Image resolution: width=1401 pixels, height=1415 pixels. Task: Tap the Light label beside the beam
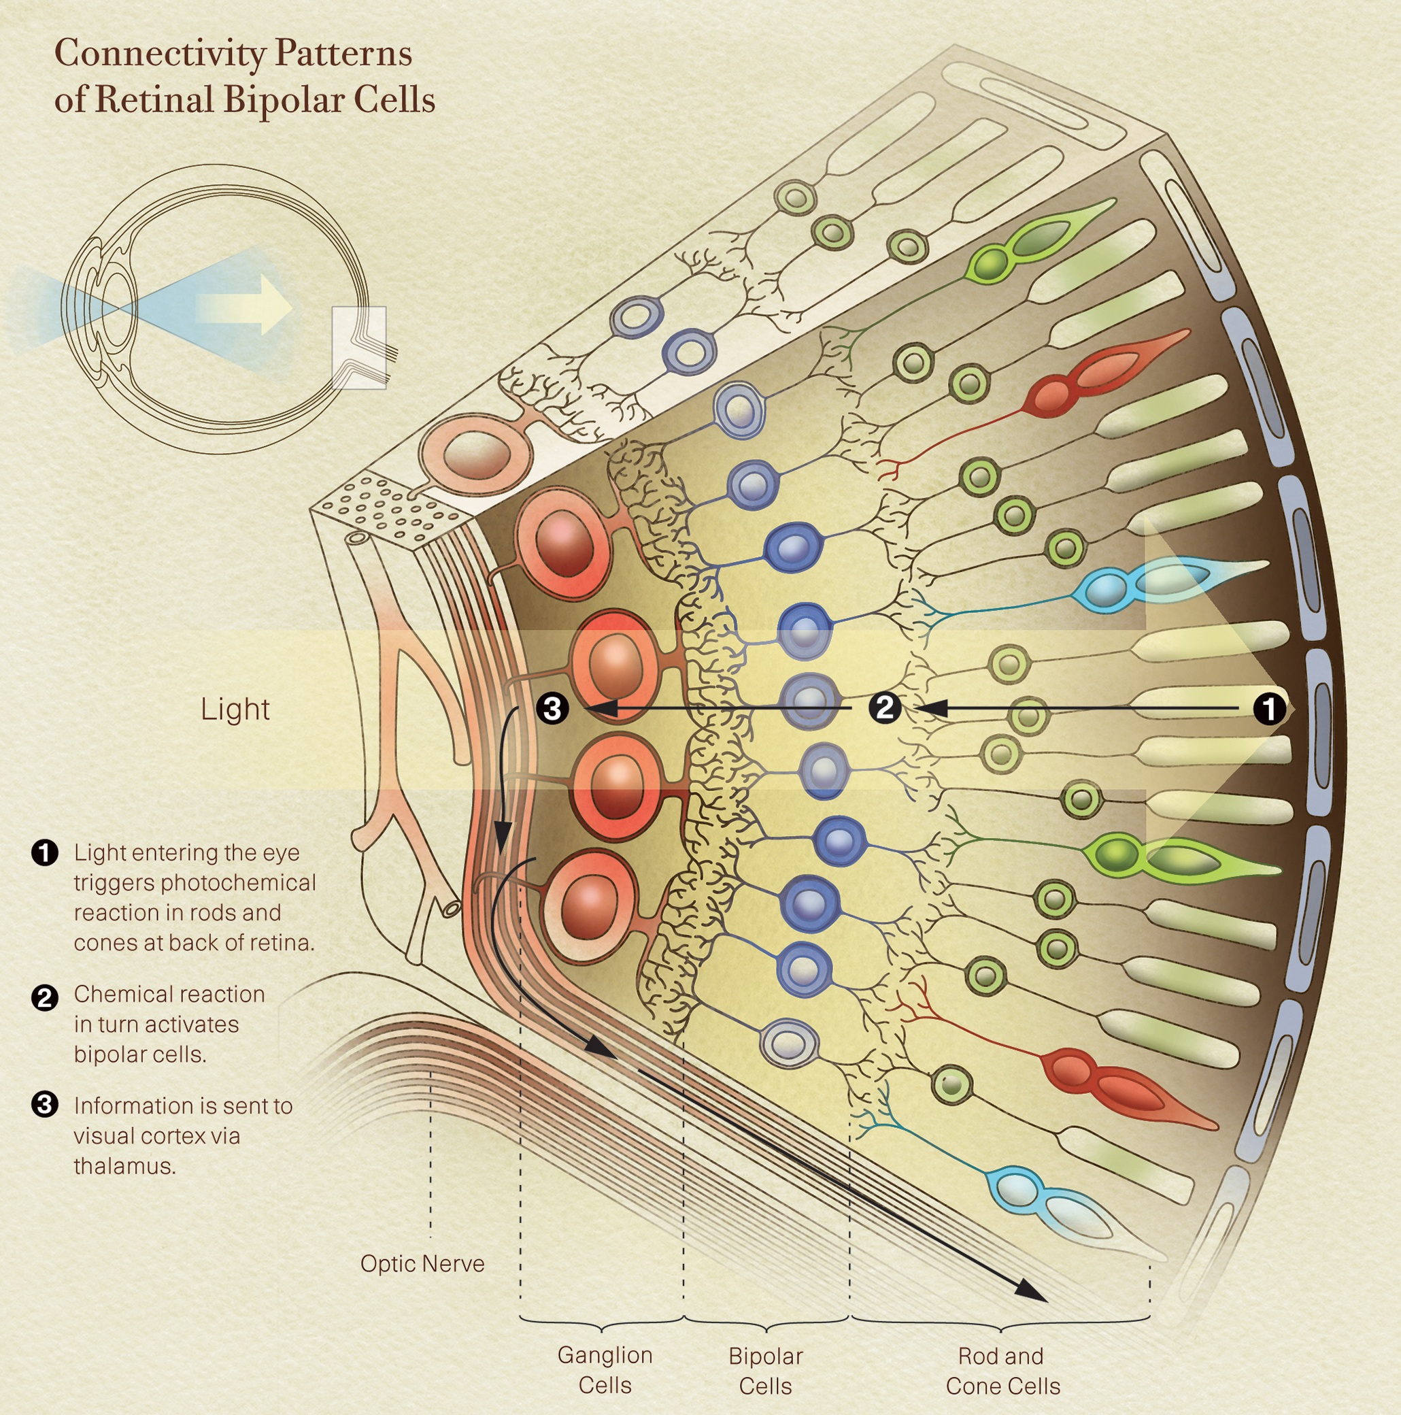click(x=235, y=709)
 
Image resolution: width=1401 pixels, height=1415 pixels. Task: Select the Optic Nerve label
click(x=422, y=1263)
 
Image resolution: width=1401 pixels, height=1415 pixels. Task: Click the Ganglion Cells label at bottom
click(x=604, y=1370)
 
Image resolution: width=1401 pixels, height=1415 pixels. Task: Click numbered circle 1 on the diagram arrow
click(x=1269, y=708)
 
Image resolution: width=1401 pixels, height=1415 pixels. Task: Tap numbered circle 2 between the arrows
click(x=885, y=708)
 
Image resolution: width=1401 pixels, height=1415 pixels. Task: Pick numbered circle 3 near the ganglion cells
click(x=552, y=708)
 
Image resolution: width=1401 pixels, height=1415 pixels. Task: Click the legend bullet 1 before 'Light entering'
click(x=45, y=853)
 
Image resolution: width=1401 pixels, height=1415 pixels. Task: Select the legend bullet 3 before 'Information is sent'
click(x=45, y=1105)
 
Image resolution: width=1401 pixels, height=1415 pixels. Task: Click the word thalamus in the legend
click(x=124, y=1166)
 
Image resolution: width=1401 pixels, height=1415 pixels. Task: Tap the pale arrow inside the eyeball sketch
click(x=246, y=305)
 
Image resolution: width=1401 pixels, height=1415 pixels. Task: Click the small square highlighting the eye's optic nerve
click(x=359, y=347)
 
